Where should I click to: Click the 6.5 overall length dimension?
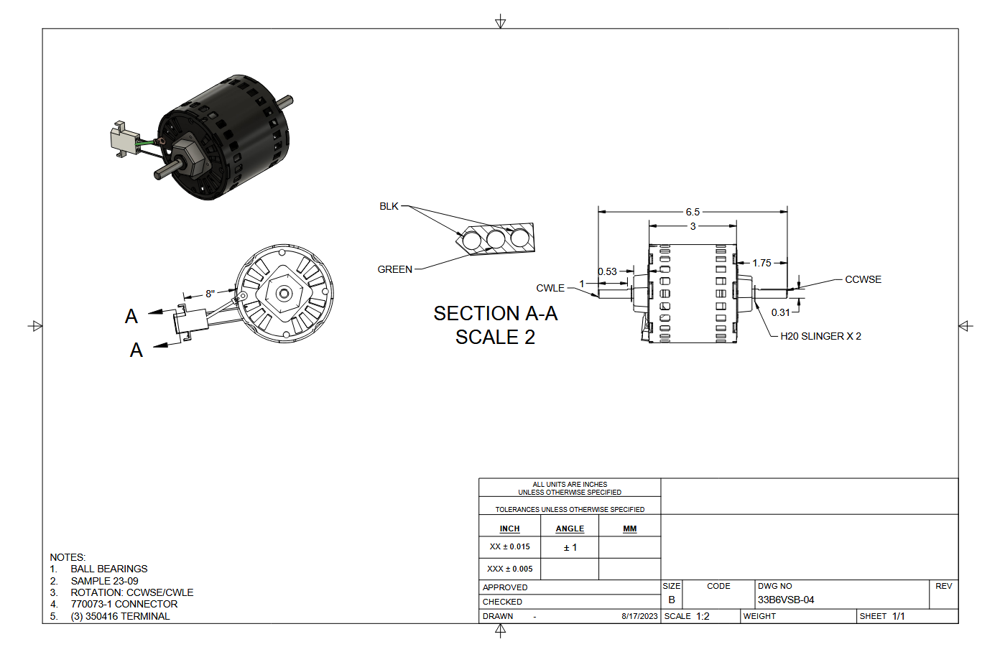click(x=693, y=212)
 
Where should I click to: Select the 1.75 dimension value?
click(x=761, y=263)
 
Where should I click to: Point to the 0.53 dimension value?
click(x=608, y=271)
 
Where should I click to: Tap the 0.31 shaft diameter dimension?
click(x=780, y=312)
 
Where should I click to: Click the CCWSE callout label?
click(x=863, y=279)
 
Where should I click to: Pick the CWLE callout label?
click(x=550, y=288)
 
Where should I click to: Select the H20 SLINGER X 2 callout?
click(x=820, y=336)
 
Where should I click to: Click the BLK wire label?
click(x=389, y=206)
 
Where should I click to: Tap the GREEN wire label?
click(x=395, y=269)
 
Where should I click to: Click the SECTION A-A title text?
click(x=496, y=314)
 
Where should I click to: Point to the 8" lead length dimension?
click(x=210, y=293)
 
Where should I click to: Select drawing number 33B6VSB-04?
click(x=786, y=600)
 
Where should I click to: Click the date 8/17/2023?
click(x=639, y=616)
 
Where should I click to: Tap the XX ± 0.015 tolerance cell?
click(x=510, y=547)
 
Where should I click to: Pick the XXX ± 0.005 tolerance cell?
click(x=510, y=569)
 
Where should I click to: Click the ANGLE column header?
click(x=570, y=528)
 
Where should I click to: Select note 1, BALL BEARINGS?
click(x=108, y=569)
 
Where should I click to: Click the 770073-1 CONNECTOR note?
click(x=124, y=604)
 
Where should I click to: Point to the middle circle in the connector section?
click(x=496, y=238)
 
